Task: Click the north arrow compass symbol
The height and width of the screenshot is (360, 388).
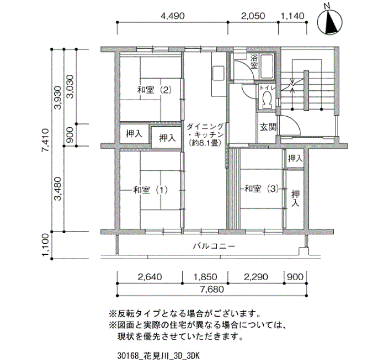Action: pos(330,22)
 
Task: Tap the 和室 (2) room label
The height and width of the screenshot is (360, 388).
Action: pos(155,90)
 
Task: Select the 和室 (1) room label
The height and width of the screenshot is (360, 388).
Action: pos(150,190)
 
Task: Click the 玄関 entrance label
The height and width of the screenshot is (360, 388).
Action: pos(268,127)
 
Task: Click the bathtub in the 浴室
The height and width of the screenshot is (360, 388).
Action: pos(267,66)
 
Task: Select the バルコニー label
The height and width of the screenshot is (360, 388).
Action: pos(214,246)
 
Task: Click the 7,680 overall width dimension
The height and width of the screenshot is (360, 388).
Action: pos(212,289)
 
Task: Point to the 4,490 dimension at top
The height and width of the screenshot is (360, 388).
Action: pos(172,16)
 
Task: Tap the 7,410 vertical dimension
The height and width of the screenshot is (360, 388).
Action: pos(46,140)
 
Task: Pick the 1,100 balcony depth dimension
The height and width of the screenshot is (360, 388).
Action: pos(46,245)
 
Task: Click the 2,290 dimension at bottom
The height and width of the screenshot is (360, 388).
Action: pos(256,277)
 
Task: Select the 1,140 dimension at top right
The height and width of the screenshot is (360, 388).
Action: pos(292,16)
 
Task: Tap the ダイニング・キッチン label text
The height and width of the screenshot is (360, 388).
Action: pos(205,135)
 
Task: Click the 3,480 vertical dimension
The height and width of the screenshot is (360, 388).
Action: pos(58,189)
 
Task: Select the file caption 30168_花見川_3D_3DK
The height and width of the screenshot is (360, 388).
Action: pos(158,356)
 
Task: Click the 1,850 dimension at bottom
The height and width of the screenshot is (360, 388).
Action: pos(205,277)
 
